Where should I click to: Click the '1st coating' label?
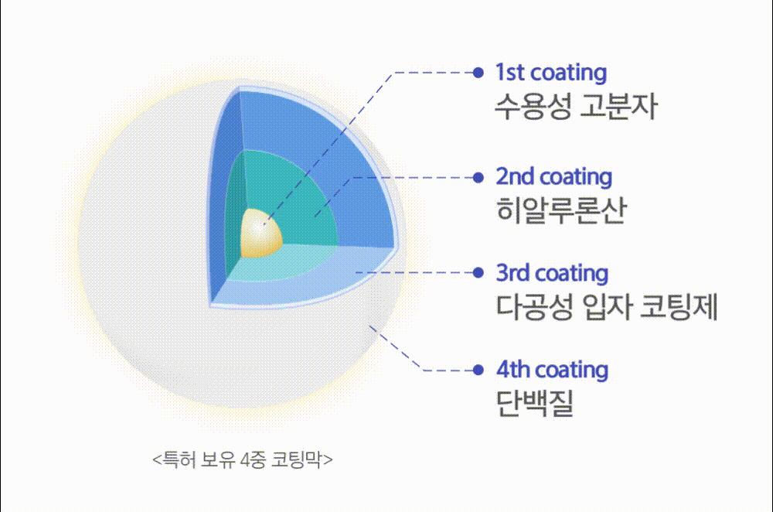[x=551, y=73]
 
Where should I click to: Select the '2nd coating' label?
[x=554, y=177]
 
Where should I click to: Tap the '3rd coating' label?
[x=552, y=273]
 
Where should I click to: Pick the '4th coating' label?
[x=552, y=370]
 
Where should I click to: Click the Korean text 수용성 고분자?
[x=576, y=106]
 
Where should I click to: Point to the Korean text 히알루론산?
[x=561, y=210]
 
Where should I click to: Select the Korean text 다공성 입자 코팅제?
[x=606, y=306]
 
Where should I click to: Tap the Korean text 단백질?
[x=534, y=404]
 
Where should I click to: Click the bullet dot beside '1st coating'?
[x=478, y=73]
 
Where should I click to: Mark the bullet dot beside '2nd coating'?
[x=478, y=178]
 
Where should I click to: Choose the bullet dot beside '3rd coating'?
[x=478, y=273]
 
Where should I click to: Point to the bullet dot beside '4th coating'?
[x=478, y=370]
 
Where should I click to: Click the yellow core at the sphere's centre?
[x=261, y=234]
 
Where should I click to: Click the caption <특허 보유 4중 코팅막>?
[x=243, y=459]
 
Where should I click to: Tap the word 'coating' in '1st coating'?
[x=569, y=73]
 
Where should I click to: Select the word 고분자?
[x=618, y=106]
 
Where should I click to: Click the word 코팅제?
[x=679, y=306]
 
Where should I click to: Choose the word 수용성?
[x=533, y=106]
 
